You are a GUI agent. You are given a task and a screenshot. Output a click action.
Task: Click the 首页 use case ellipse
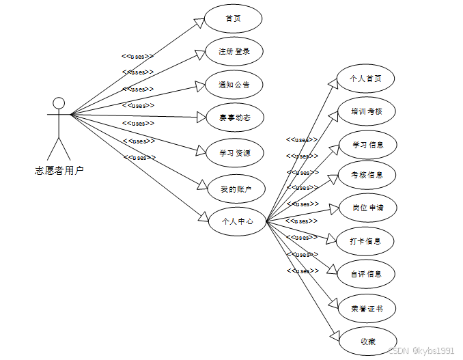point(234,18)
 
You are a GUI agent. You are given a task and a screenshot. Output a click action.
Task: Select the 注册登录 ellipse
point(234,51)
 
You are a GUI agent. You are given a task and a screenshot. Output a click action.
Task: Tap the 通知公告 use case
point(234,85)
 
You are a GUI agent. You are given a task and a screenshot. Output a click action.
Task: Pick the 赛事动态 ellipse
point(234,118)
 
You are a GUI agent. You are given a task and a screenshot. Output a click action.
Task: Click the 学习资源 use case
point(234,153)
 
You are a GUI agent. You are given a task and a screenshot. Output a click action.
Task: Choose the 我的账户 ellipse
point(234,188)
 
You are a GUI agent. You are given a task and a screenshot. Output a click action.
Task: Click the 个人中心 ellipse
point(236,221)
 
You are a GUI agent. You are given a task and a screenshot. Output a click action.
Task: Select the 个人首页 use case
point(365,79)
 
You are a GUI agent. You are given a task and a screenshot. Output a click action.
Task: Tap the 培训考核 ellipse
point(367,111)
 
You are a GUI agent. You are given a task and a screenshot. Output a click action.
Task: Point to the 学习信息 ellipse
point(367,145)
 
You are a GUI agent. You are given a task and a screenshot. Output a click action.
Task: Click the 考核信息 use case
point(367,175)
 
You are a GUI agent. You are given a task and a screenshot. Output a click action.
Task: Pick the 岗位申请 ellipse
point(367,208)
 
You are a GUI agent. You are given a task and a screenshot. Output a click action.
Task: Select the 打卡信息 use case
point(367,241)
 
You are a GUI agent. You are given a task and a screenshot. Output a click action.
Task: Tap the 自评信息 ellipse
point(367,274)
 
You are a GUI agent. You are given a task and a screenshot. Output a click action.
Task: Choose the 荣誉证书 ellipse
point(367,309)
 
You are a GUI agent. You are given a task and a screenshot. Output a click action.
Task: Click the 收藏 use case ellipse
point(367,342)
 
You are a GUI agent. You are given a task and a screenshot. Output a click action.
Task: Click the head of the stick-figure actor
point(59,103)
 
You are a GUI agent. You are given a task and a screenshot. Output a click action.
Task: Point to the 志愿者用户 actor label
point(59,170)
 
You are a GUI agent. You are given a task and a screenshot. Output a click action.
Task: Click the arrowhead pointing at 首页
point(200,22)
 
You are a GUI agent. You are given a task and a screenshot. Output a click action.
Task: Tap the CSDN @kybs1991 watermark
point(421,350)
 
